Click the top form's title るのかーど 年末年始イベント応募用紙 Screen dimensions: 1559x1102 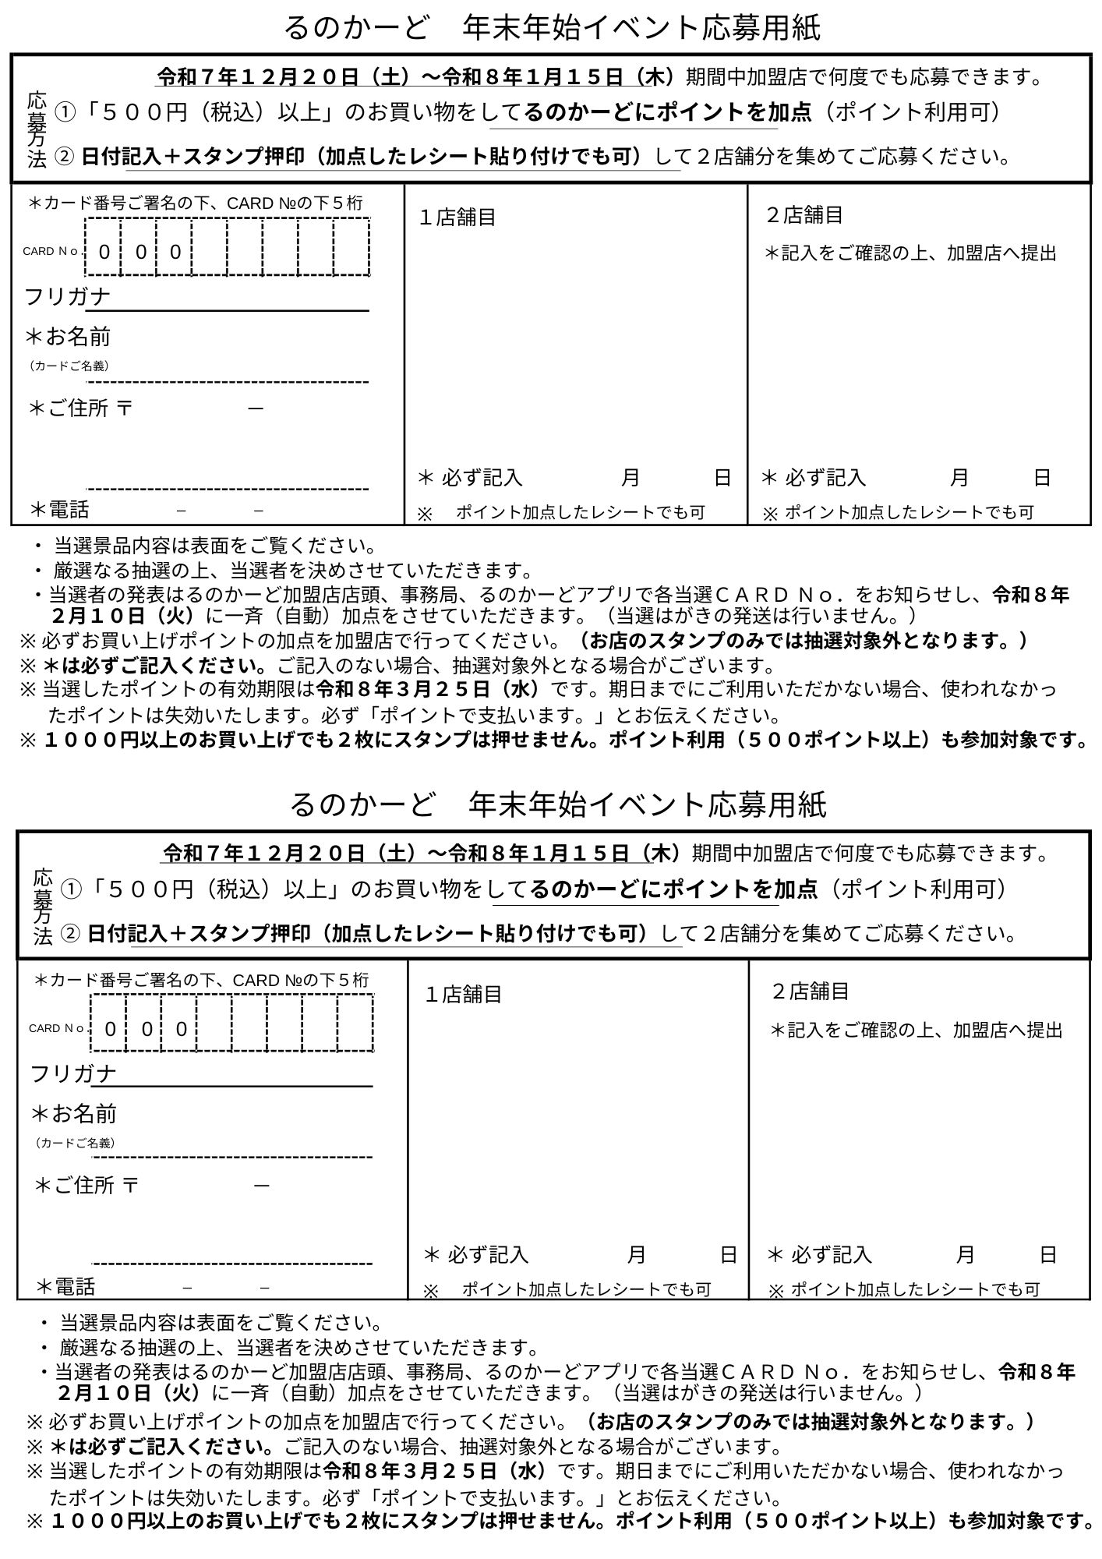(x=551, y=28)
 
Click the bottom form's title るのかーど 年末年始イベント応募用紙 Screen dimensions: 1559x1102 (x=557, y=804)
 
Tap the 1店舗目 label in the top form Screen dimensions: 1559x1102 (x=457, y=217)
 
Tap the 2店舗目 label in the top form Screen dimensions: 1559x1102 (x=804, y=214)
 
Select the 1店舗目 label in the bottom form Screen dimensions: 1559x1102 (x=464, y=995)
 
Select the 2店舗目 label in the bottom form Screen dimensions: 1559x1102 (x=810, y=992)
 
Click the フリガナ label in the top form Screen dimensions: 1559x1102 (x=68, y=297)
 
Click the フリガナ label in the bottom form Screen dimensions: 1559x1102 (x=73, y=1073)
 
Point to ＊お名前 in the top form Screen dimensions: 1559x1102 (x=69, y=337)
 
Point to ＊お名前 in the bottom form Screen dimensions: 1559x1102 (x=74, y=1114)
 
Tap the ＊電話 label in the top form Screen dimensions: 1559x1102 (x=59, y=510)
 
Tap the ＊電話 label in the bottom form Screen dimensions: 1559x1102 (x=65, y=1286)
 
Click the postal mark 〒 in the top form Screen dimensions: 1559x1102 (x=125, y=408)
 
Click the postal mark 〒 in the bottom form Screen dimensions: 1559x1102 (x=131, y=1185)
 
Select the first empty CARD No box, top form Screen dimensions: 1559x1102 (x=210, y=247)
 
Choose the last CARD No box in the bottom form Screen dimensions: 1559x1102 (x=355, y=1023)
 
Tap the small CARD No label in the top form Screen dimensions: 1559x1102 (x=51, y=251)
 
